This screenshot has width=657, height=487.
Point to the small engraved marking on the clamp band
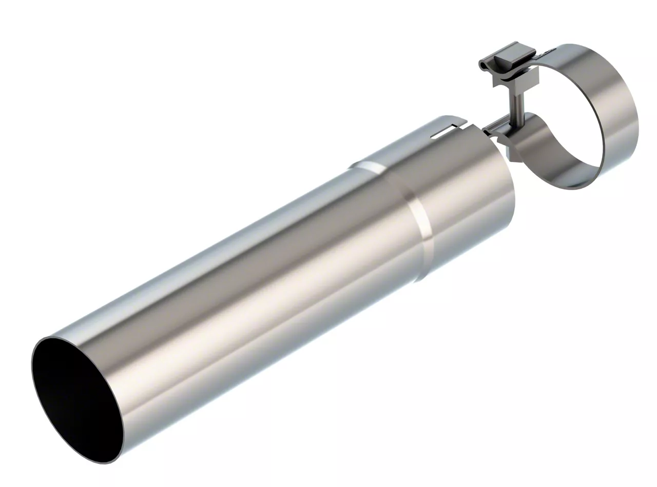click(548, 51)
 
